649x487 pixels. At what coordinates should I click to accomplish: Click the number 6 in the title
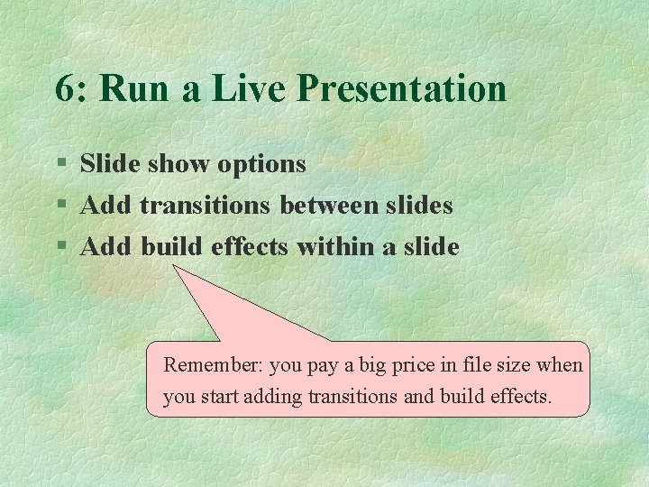tap(63, 89)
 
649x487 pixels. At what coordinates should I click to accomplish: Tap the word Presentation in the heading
tap(401, 89)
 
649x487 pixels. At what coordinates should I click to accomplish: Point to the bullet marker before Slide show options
tap(61, 164)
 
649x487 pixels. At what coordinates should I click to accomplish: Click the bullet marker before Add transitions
tap(61, 206)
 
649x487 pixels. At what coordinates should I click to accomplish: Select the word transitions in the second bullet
tap(205, 206)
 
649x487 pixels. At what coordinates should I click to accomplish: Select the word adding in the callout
tap(276, 396)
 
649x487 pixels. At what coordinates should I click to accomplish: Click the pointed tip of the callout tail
tap(174, 266)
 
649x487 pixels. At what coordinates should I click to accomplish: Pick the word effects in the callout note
tap(520, 396)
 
